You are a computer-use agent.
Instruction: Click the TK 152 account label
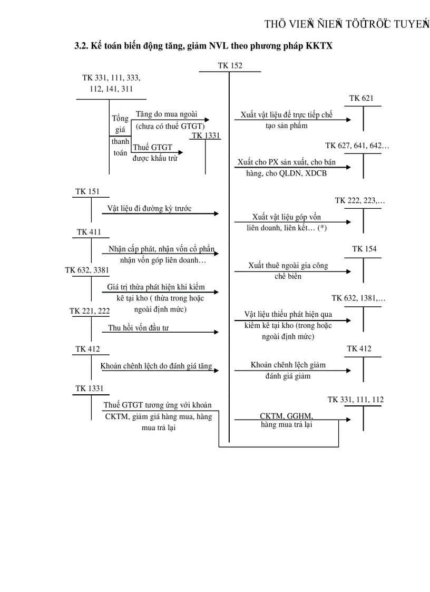pos(230,65)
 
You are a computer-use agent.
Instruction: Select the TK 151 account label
pos(86,191)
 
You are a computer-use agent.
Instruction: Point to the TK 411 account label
pos(89,232)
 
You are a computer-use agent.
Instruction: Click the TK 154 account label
pos(365,249)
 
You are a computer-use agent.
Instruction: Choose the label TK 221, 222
pos(90,311)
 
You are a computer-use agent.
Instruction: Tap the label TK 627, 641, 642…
pos(357,145)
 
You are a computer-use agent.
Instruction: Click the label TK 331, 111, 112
pos(356,400)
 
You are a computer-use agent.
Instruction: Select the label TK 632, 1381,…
pos(358,298)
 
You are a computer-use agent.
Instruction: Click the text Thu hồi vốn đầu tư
pos(139,328)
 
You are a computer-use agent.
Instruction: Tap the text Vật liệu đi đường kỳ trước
pos(149,208)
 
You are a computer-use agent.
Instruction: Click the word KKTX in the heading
pos(319,46)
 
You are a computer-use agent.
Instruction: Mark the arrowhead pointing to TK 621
pos(348,120)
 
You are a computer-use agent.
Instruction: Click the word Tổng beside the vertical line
pos(120,119)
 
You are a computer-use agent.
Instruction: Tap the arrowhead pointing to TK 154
pos(348,271)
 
